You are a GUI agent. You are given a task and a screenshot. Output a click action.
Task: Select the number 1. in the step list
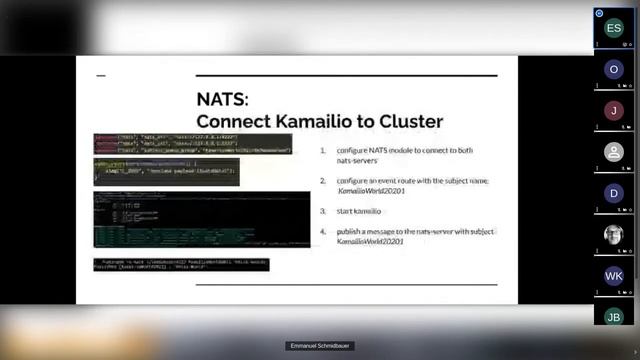pos(324,150)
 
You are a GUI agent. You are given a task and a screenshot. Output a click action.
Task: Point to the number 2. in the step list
pos(324,180)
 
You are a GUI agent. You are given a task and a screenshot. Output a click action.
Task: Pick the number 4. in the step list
pos(324,232)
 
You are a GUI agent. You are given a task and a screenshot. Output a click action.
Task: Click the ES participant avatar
pos(614,28)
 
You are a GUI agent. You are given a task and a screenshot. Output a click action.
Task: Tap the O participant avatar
pos(614,69)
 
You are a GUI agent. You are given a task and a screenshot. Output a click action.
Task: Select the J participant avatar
pos(614,110)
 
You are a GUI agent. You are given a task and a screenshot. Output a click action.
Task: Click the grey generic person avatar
pos(614,152)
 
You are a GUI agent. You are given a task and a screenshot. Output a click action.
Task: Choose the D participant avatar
pos(614,193)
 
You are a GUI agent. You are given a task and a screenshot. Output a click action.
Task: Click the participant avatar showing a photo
pos(614,234)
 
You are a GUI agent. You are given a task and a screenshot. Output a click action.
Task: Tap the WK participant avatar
pos(614,276)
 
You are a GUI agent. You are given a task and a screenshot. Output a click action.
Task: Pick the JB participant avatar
pos(614,317)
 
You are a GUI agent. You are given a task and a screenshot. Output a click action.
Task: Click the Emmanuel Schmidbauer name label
pos(320,346)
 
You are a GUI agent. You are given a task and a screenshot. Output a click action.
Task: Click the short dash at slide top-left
pos(100,76)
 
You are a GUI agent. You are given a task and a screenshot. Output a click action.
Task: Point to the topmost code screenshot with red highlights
pos(192,143)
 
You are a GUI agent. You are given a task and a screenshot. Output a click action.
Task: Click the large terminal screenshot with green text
pos(187,219)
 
